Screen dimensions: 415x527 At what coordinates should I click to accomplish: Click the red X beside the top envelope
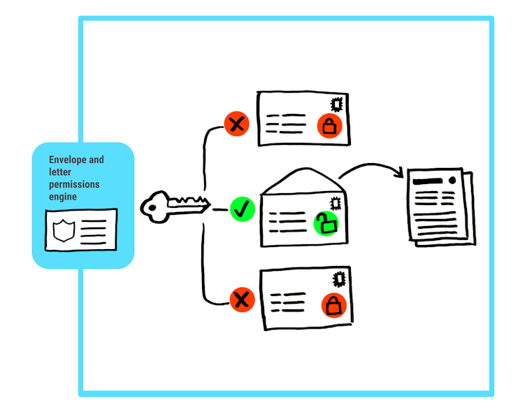click(x=236, y=125)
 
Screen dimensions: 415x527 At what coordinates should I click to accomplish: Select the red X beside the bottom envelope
click(x=241, y=300)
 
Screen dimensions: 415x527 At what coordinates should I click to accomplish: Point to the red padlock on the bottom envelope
click(x=333, y=305)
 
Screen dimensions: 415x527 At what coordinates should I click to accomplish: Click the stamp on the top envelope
click(x=337, y=104)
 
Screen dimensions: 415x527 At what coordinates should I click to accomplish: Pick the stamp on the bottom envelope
click(x=338, y=279)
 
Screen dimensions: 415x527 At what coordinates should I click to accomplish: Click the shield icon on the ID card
click(x=63, y=230)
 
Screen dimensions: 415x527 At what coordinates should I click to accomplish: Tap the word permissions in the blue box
click(x=74, y=185)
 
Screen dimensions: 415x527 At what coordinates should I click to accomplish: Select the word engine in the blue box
click(x=63, y=197)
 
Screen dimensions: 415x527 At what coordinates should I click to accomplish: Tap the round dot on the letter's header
click(x=452, y=180)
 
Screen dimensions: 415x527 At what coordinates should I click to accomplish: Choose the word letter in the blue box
click(x=59, y=172)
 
